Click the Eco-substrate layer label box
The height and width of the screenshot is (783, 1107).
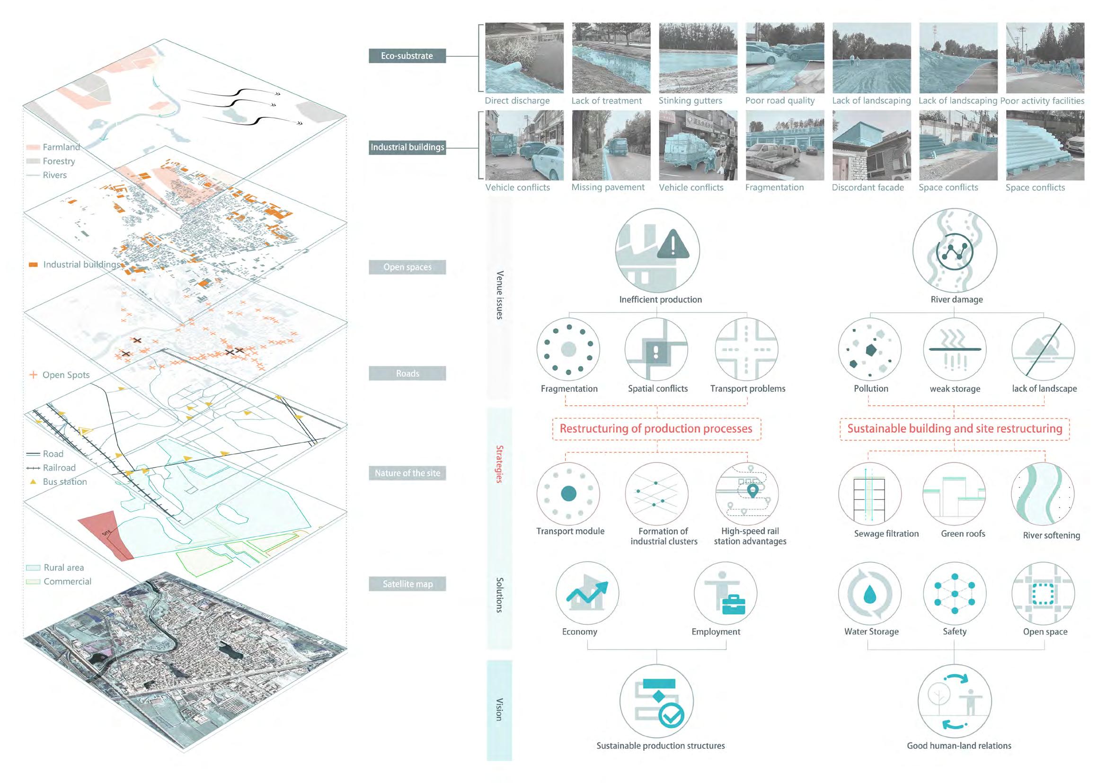[x=407, y=56]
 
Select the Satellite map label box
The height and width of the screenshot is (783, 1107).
[x=407, y=584]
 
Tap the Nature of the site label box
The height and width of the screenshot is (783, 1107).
[x=407, y=473]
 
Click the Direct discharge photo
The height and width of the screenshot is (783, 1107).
[x=524, y=58]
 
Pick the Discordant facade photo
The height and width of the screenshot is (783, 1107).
[x=871, y=145]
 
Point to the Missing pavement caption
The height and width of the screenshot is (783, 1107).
[x=608, y=187]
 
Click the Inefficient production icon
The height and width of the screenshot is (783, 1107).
[x=657, y=250]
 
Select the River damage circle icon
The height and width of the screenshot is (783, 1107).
[x=954, y=250]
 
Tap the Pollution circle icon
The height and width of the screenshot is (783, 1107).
[x=870, y=349]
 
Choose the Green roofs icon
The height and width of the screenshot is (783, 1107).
[x=954, y=494]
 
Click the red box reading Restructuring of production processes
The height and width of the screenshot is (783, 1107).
[x=655, y=428]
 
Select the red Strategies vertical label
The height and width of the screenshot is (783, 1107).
[x=499, y=464]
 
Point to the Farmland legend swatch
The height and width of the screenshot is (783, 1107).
[x=33, y=147]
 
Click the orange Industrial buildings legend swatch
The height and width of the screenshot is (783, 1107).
[x=33, y=265]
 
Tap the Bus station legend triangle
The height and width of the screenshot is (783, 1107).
[x=33, y=481]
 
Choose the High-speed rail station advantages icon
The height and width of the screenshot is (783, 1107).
[x=746, y=494]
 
